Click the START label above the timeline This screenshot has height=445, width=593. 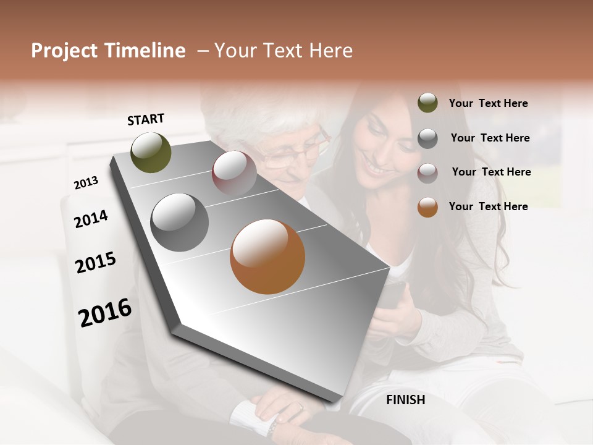[x=146, y=119]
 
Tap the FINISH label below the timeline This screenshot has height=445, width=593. [x=405, y=400]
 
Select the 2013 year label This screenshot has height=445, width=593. [x=86, y=183]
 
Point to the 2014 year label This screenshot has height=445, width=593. [x=91, y=219]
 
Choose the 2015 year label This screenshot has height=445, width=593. [x=96, y=263]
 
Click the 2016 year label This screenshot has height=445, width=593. [x=105, y=312]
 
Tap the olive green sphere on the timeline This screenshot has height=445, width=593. [x=151, y=152]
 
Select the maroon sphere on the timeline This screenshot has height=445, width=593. [x=234, y=173]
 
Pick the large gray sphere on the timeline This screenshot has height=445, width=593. [x=180, y=222]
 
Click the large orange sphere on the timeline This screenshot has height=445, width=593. [x=267, y=256]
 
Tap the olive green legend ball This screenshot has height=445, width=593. [x=427, y=103]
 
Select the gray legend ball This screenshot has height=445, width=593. [x=427, y=138]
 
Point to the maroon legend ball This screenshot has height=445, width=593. [x=427, y=173]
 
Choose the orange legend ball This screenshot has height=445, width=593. [x=427, y=207]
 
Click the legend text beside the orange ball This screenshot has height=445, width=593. [x=488, y=206]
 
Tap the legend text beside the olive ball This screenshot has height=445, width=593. [x=488, y=103]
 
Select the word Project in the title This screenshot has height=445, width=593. [x=64, y=51]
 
